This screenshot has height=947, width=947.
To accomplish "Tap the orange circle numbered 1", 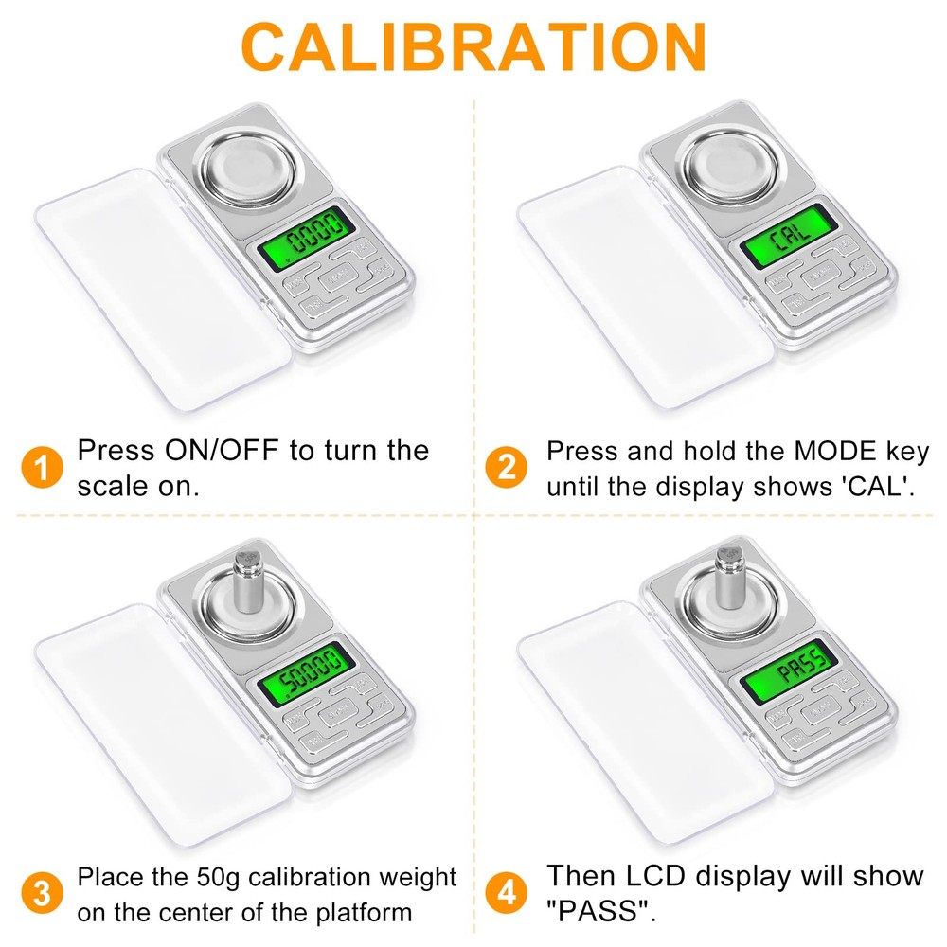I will (x=39, y=468).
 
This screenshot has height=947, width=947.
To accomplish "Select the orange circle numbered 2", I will (x=507, y=468).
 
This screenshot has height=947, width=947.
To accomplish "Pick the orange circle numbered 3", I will (x=39, y=893).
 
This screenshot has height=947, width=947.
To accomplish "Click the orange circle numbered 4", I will (x=507, y=893).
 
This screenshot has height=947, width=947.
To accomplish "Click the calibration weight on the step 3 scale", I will (x=247, y=581).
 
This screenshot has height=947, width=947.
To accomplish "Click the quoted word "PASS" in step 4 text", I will (x=600, y=913).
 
